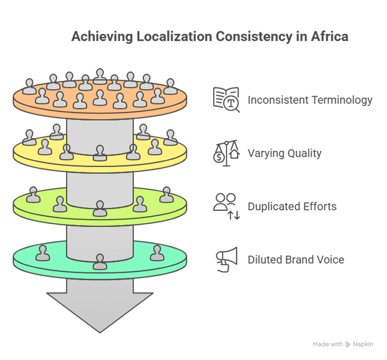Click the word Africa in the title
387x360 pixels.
pos(329,37)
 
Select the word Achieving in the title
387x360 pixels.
pos(102,37)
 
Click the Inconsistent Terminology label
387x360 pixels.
pos(310,100)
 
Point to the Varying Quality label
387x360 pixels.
pos(285,153)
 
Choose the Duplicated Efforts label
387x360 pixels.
pos(292,206)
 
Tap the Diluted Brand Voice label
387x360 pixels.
pos(296,260)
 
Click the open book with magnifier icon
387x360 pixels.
pos(226,100)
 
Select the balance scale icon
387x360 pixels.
pos(226,153)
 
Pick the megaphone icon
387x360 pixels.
pos(227,259)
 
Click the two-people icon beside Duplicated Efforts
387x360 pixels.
pos(226,206)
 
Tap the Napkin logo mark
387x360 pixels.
pos(348,345)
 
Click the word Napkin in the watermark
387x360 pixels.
pos(363,345)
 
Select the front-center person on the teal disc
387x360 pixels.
pos(100,261)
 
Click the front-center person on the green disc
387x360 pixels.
pos(100,208)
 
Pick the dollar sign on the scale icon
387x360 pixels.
pos(219,157)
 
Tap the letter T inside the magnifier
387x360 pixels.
pos(231,103)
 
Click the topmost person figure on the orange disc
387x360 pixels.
pos(100,76)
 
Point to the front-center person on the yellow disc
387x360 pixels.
pos(100,153)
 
